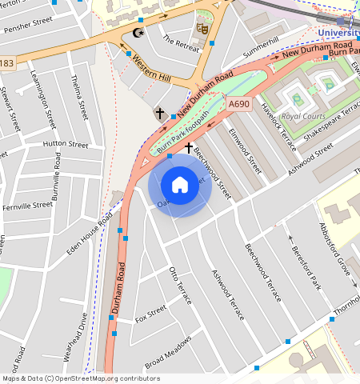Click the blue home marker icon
coord(180,185)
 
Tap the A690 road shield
coord(238,104)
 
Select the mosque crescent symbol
coord(138,34)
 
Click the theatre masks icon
coord(202,28)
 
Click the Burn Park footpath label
coord(183,131)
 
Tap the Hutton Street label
coord(66,145)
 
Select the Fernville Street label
coord(28,206)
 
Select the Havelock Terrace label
coord(300,122)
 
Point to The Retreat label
coord(180,42)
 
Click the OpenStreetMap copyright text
coord(81,378)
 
